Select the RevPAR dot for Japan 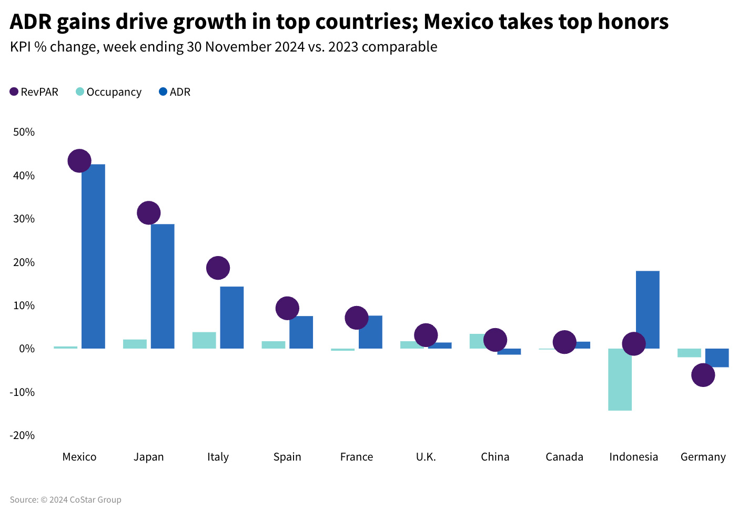[148, 213]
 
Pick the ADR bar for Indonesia [648, 310]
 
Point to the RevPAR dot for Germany [703, 375]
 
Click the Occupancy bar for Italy [204, 340]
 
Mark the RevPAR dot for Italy [218, 268]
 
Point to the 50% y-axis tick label [24, 132]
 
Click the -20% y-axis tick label [22, 435]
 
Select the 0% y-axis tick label [27, 349]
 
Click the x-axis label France [357, 457]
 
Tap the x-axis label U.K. [426, 457]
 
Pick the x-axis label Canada [564, 457]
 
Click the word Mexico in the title [458, 22]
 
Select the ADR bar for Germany [717, 358]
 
